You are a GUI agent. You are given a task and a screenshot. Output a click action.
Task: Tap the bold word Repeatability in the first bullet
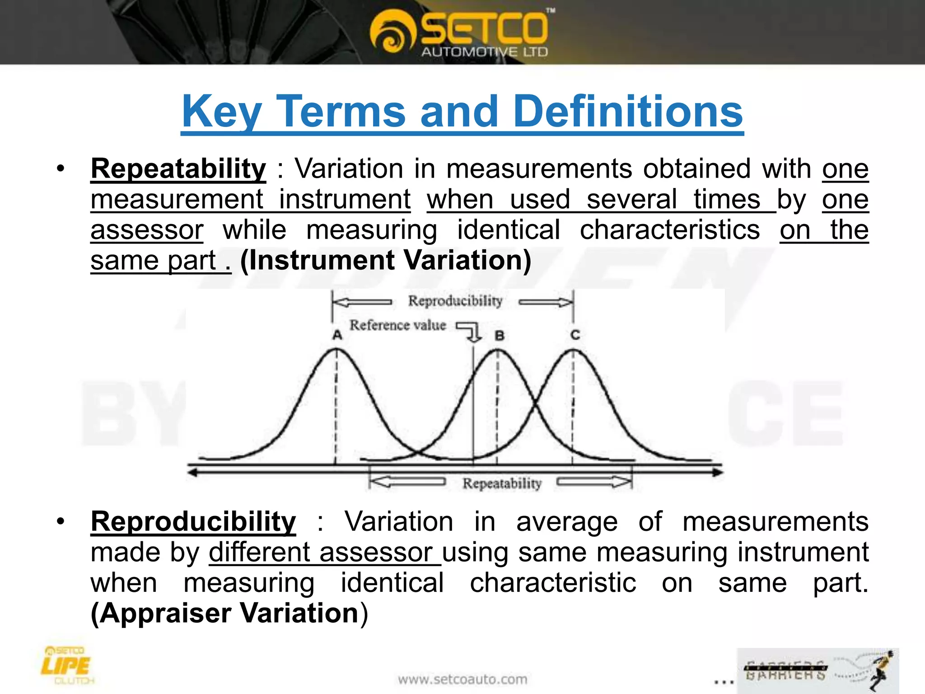(x=178, y=169)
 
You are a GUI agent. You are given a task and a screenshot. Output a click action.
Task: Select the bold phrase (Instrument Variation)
(x=386, y=260)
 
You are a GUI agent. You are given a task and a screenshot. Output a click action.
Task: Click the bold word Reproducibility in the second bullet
(x=193, y=521)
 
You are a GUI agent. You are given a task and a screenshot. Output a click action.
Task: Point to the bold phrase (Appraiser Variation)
(x=229, y=613)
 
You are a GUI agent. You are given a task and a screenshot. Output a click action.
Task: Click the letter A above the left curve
(x=337, y=335)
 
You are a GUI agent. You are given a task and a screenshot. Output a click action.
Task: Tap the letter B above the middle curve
(x=499, y=336)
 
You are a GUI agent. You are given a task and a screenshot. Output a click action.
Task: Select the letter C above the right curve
(x=575, y=335)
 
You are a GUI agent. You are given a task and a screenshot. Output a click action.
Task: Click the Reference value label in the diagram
(x=397, y=325)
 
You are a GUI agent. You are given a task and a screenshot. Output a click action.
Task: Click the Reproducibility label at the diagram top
(x=455, y=301)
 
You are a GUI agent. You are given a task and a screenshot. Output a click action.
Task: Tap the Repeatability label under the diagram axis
(x=502, y=483)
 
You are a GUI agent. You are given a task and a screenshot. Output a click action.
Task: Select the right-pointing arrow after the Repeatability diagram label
(x=593, y=483)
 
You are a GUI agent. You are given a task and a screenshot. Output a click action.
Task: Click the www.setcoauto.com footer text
(x=462, y=679)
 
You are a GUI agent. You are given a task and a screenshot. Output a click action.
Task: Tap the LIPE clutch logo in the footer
(x=67, y=665)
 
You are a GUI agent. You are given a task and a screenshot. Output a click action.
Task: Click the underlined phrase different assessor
(x=324, y=552)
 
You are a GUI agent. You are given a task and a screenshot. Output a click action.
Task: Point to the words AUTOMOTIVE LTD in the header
(x=485, y=52)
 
